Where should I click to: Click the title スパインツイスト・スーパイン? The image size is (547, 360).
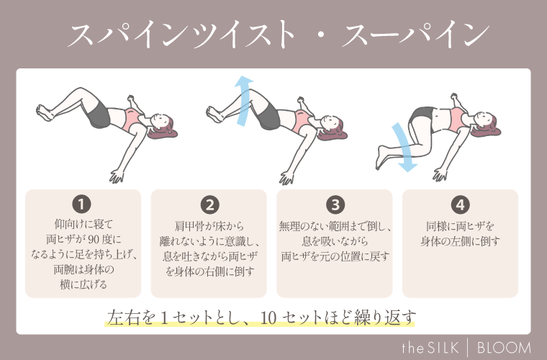click(274, 35)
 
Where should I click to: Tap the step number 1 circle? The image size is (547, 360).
click(83, 204)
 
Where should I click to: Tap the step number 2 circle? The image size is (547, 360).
click(209, 204)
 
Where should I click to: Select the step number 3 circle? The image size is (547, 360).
click(334, 204)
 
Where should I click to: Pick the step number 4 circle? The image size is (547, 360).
click(460, 204)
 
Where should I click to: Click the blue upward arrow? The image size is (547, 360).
click(245, 102)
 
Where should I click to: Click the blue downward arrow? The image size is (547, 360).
click(402, 147)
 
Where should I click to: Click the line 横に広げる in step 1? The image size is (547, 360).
click(83, 284)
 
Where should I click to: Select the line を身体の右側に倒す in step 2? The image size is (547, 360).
click(209, 271)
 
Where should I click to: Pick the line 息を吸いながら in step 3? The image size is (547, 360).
click(334, 242)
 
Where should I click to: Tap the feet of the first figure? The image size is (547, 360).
click(43, 112)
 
